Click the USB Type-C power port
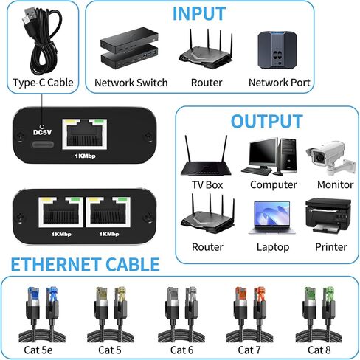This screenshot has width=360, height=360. click(x=43, y=145)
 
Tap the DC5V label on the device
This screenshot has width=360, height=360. click(x=42, y=132)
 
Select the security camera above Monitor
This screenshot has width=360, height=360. click(x=330, y=158)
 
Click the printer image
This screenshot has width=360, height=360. click(x=328, y=215)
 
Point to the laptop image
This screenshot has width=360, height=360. click(x=272, y=218)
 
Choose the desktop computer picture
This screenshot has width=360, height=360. click(x=269, y=156)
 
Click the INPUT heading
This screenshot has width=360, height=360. click(x=199, y=14)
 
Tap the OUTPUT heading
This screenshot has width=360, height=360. click(x=267, y=121)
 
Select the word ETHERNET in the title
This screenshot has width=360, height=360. click(x=55, y=265)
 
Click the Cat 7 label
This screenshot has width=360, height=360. click(x=249, y=350)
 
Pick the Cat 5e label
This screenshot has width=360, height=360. click(x=38, y=350)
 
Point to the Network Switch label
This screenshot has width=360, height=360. click(x=131, y=83)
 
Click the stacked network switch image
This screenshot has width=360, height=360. click(x=129, y=48)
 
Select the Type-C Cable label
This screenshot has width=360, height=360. click(x=43, y=83)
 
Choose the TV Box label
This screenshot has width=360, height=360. click(x=207, y=185)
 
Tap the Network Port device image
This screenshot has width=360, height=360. click(x=277, y=49)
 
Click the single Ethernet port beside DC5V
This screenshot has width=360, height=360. click(x=85, y=134)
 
